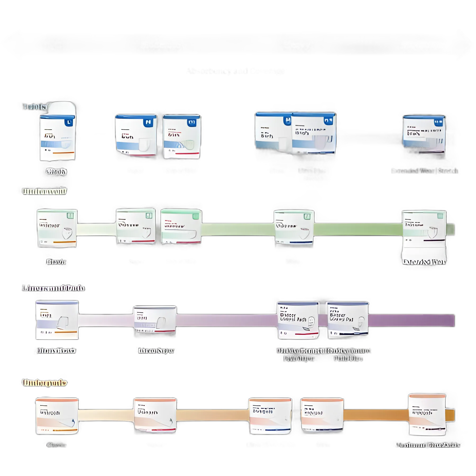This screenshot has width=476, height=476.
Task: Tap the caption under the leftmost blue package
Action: pos(56,172)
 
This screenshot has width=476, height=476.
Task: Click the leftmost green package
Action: pos(57,228)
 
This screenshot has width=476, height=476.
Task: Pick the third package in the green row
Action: pos(181,226)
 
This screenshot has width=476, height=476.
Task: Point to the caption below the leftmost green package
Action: pos(56,262)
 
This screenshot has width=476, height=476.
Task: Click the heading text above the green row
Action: pos(44,191)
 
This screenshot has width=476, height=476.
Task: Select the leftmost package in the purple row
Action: pos(57,320)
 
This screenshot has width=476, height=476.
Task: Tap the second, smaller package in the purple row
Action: pos(155,321)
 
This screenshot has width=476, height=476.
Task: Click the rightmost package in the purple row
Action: pos(347,320)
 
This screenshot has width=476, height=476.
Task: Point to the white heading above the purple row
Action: pos(53,288)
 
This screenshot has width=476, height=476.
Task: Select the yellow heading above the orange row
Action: pos(44,383)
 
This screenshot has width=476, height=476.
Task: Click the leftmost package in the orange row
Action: pos(57,416)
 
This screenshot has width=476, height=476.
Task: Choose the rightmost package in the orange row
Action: pos(427,414)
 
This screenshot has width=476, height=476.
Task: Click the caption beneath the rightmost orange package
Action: pos(428,445)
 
